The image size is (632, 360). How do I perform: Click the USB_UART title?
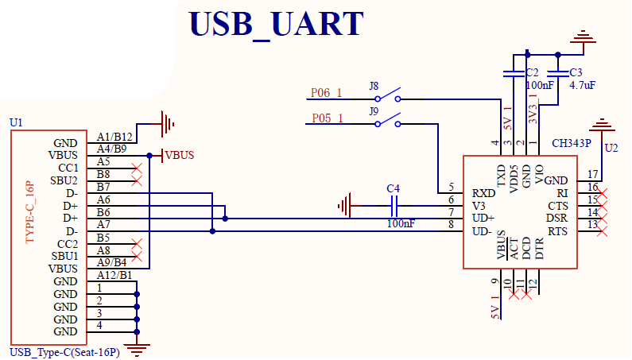tap(276, 24)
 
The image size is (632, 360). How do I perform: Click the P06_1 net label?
tap(326, 93)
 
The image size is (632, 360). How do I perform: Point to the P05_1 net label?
tap(326, 118)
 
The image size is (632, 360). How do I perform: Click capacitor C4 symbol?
tap(394, 206)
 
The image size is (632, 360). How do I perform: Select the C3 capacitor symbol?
tap(558, 73)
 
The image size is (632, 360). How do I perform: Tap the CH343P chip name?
tap(572, 144)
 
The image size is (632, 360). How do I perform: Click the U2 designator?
tap(611, 148)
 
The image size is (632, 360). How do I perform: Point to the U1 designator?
tap(16, 122)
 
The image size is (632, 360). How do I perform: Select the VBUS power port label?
tap(180, 155)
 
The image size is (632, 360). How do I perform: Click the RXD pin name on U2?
tap(483, 193)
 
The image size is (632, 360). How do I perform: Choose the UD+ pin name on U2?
tap(483, 218)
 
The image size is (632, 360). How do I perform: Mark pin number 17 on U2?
tap(592, 175)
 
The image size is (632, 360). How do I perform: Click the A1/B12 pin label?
tap(114, 136)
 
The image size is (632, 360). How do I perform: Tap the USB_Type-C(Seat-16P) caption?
tap(64, 352)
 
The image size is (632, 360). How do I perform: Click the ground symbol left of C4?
tap(344, 206)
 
